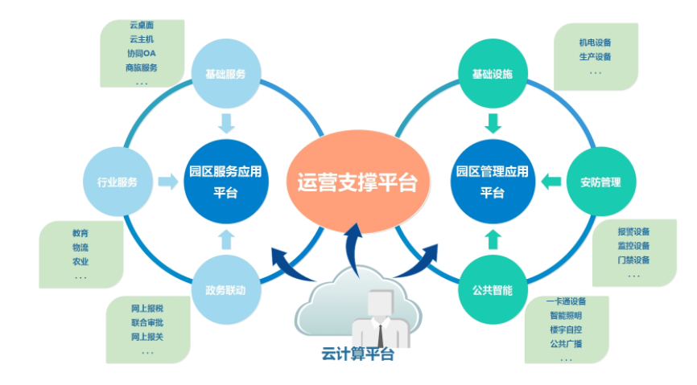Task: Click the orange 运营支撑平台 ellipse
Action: (357, 182)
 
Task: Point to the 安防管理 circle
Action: (600, 182)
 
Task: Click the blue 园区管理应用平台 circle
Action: (492, 182)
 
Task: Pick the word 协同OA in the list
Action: (141, 53)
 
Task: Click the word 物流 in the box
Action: (80, 248)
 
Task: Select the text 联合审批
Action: (147, 322)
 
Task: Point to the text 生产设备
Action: (595, 56)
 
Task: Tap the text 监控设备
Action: (633, 245)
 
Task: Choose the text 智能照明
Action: (566, 316)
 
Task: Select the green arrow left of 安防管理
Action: (551, 182)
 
